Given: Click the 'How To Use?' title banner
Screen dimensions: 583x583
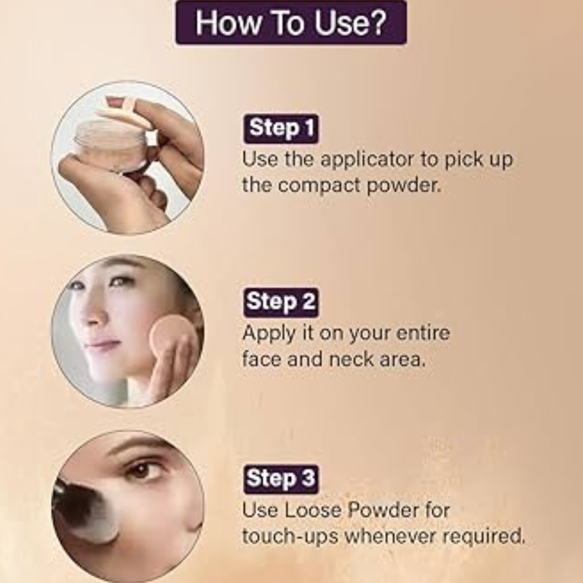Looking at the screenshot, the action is point(291,23).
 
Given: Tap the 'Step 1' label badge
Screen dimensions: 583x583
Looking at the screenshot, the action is point(281,128).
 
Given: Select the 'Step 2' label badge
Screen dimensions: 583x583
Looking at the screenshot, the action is point(281,302).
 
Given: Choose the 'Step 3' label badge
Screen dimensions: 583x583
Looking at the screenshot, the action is point(281,479).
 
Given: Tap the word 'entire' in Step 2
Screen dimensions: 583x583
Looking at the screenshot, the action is point(423,333).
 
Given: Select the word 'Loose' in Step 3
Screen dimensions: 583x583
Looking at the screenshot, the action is point(313,510).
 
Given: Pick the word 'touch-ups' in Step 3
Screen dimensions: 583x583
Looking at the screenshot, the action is point(290,537).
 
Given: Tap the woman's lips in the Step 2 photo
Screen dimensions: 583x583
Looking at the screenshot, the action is point(101,346).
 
